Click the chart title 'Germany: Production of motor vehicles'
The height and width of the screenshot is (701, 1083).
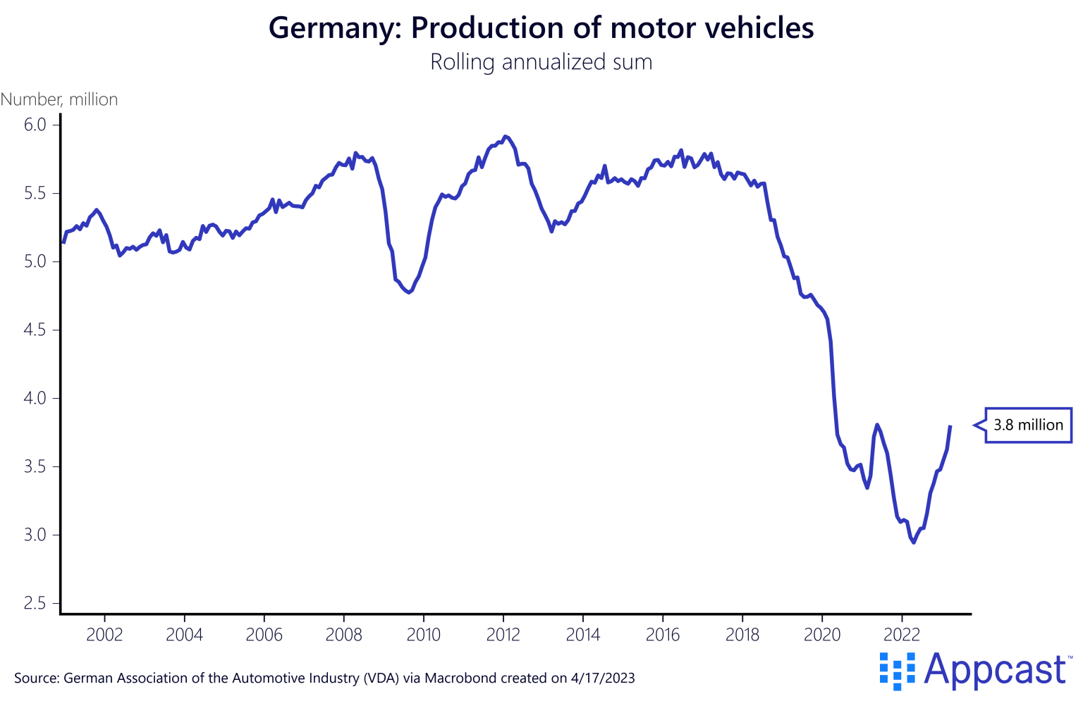pos(541,28)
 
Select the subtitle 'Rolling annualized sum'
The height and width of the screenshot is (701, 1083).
pos(541,62)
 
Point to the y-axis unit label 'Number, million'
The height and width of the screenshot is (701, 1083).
pos(59,99)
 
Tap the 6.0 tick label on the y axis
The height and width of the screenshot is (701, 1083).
pos(34,125)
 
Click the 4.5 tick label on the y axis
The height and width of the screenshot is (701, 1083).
pos(34,330)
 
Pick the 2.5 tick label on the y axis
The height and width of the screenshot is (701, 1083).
pos(34,603)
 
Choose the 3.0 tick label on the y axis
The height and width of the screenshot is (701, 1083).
pos(34,535)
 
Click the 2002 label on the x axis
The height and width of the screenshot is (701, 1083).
pos(104,635)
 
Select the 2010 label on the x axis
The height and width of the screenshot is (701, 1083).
pos(424,635)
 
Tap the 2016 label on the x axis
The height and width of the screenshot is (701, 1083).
pos(663,635)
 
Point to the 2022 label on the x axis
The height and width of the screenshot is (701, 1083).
pos(902,635)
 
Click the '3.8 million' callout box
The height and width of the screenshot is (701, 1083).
pos(1027,425)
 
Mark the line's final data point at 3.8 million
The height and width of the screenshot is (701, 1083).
pos(950,426)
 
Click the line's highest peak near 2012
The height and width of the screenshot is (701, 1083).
pos(504,136)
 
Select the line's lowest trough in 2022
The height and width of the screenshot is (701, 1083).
pos(914,542)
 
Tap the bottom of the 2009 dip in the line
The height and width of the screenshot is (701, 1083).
pos(409,292)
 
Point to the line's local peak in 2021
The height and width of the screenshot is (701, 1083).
pos(876,424)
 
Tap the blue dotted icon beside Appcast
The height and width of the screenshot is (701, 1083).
pos(897,670)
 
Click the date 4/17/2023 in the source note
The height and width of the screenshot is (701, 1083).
pos(603,678)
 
